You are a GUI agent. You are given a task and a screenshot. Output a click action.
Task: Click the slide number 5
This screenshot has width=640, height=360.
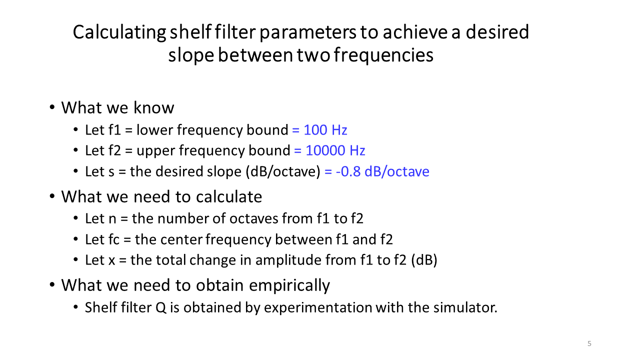point(589,343)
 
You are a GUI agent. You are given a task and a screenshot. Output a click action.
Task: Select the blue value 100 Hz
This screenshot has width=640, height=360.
point(325,130)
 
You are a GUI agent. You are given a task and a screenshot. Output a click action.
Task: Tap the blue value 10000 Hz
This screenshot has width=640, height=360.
point(335,150)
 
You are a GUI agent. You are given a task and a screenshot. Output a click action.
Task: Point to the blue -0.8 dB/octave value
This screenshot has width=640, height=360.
point(382,171)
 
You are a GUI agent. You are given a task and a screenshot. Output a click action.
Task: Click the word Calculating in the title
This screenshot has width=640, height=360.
point(119,32)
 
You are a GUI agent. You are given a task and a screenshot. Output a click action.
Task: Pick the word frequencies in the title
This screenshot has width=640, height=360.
point(383,55)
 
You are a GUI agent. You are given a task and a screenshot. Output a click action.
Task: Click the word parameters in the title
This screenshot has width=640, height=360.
point(308,33)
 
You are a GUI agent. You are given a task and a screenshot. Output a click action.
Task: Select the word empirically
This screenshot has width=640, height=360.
point(289,285)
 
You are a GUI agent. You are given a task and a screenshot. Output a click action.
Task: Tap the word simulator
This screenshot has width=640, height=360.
point(465,307)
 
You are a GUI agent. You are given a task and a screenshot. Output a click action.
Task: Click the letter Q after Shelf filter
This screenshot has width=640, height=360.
point(161,308)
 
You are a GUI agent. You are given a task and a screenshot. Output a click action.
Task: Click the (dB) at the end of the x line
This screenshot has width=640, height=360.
point(424,260)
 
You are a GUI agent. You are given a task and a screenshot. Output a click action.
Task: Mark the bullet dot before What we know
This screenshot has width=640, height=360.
point(52,107)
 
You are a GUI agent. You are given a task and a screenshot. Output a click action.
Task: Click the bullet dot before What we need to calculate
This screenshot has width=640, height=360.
point(52,196)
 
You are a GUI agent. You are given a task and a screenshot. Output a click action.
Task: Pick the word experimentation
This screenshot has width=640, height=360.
point(317,308)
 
